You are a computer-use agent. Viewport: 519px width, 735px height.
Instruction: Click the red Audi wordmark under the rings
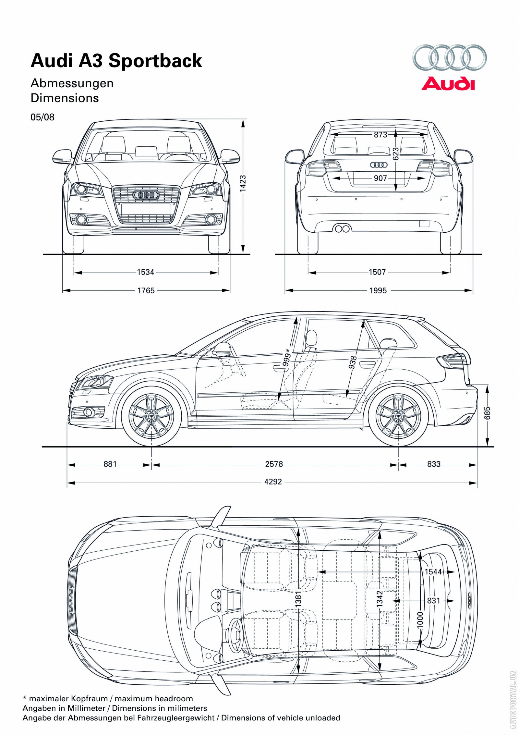[448, 83]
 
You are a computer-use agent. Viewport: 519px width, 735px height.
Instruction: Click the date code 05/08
[42, 117]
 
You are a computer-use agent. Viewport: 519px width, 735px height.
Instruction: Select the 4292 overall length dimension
[273, 482]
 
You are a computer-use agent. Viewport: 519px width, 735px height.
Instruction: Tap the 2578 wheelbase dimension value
[274, 464]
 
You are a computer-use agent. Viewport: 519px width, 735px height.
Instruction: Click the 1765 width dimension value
[146, 290]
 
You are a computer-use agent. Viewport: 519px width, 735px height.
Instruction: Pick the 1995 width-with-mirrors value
[378, 290]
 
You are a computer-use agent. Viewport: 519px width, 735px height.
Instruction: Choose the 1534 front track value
[145, 272]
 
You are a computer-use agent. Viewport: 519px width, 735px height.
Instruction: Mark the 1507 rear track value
[377, 272]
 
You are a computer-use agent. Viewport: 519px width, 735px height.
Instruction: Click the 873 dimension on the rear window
[380, 134]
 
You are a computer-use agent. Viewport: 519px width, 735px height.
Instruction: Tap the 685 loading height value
[487, 413]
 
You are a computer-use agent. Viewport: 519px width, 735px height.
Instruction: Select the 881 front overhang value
[110, 464]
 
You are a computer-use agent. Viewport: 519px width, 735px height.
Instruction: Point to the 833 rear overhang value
[434, 464]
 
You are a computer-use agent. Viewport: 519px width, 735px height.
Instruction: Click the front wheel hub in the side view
[151, 416]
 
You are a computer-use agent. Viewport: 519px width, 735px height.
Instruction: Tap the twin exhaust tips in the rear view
[342, 229]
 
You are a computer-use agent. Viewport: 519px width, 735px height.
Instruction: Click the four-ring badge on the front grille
[146, 195]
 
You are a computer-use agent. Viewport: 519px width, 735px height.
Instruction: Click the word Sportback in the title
[155, 61]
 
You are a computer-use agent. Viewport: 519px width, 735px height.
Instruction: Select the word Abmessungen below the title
[72, 83]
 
